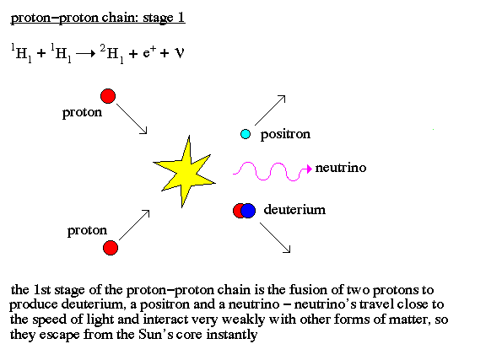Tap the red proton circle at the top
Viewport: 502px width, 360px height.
(x=108, y=96)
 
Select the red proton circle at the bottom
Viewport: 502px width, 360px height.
(x=111, y=248)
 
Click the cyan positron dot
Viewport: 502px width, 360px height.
(x=246, y=134)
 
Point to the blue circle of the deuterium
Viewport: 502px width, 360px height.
(x=248, y=211)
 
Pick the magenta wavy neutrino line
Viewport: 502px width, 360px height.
(x=273, y=171)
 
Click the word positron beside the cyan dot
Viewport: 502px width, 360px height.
(x=285, y=134)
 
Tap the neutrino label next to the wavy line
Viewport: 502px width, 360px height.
(x=341, y=168)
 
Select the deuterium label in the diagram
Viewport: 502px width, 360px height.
(x=294, y=210)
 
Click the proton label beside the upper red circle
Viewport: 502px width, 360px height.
(x=82, y=113)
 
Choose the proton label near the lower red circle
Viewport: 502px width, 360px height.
(x=87, y=231)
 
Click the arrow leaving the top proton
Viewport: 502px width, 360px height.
(x=132, y=119)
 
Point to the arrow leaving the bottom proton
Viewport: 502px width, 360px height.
(x=134, y=225)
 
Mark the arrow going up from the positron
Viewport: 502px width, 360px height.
(x=270, y=110)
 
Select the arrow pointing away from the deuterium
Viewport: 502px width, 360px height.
(x=275, y=238)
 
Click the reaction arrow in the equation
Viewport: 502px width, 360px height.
(x=86, y=53)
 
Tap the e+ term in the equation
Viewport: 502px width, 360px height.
(x=149, y=51)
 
